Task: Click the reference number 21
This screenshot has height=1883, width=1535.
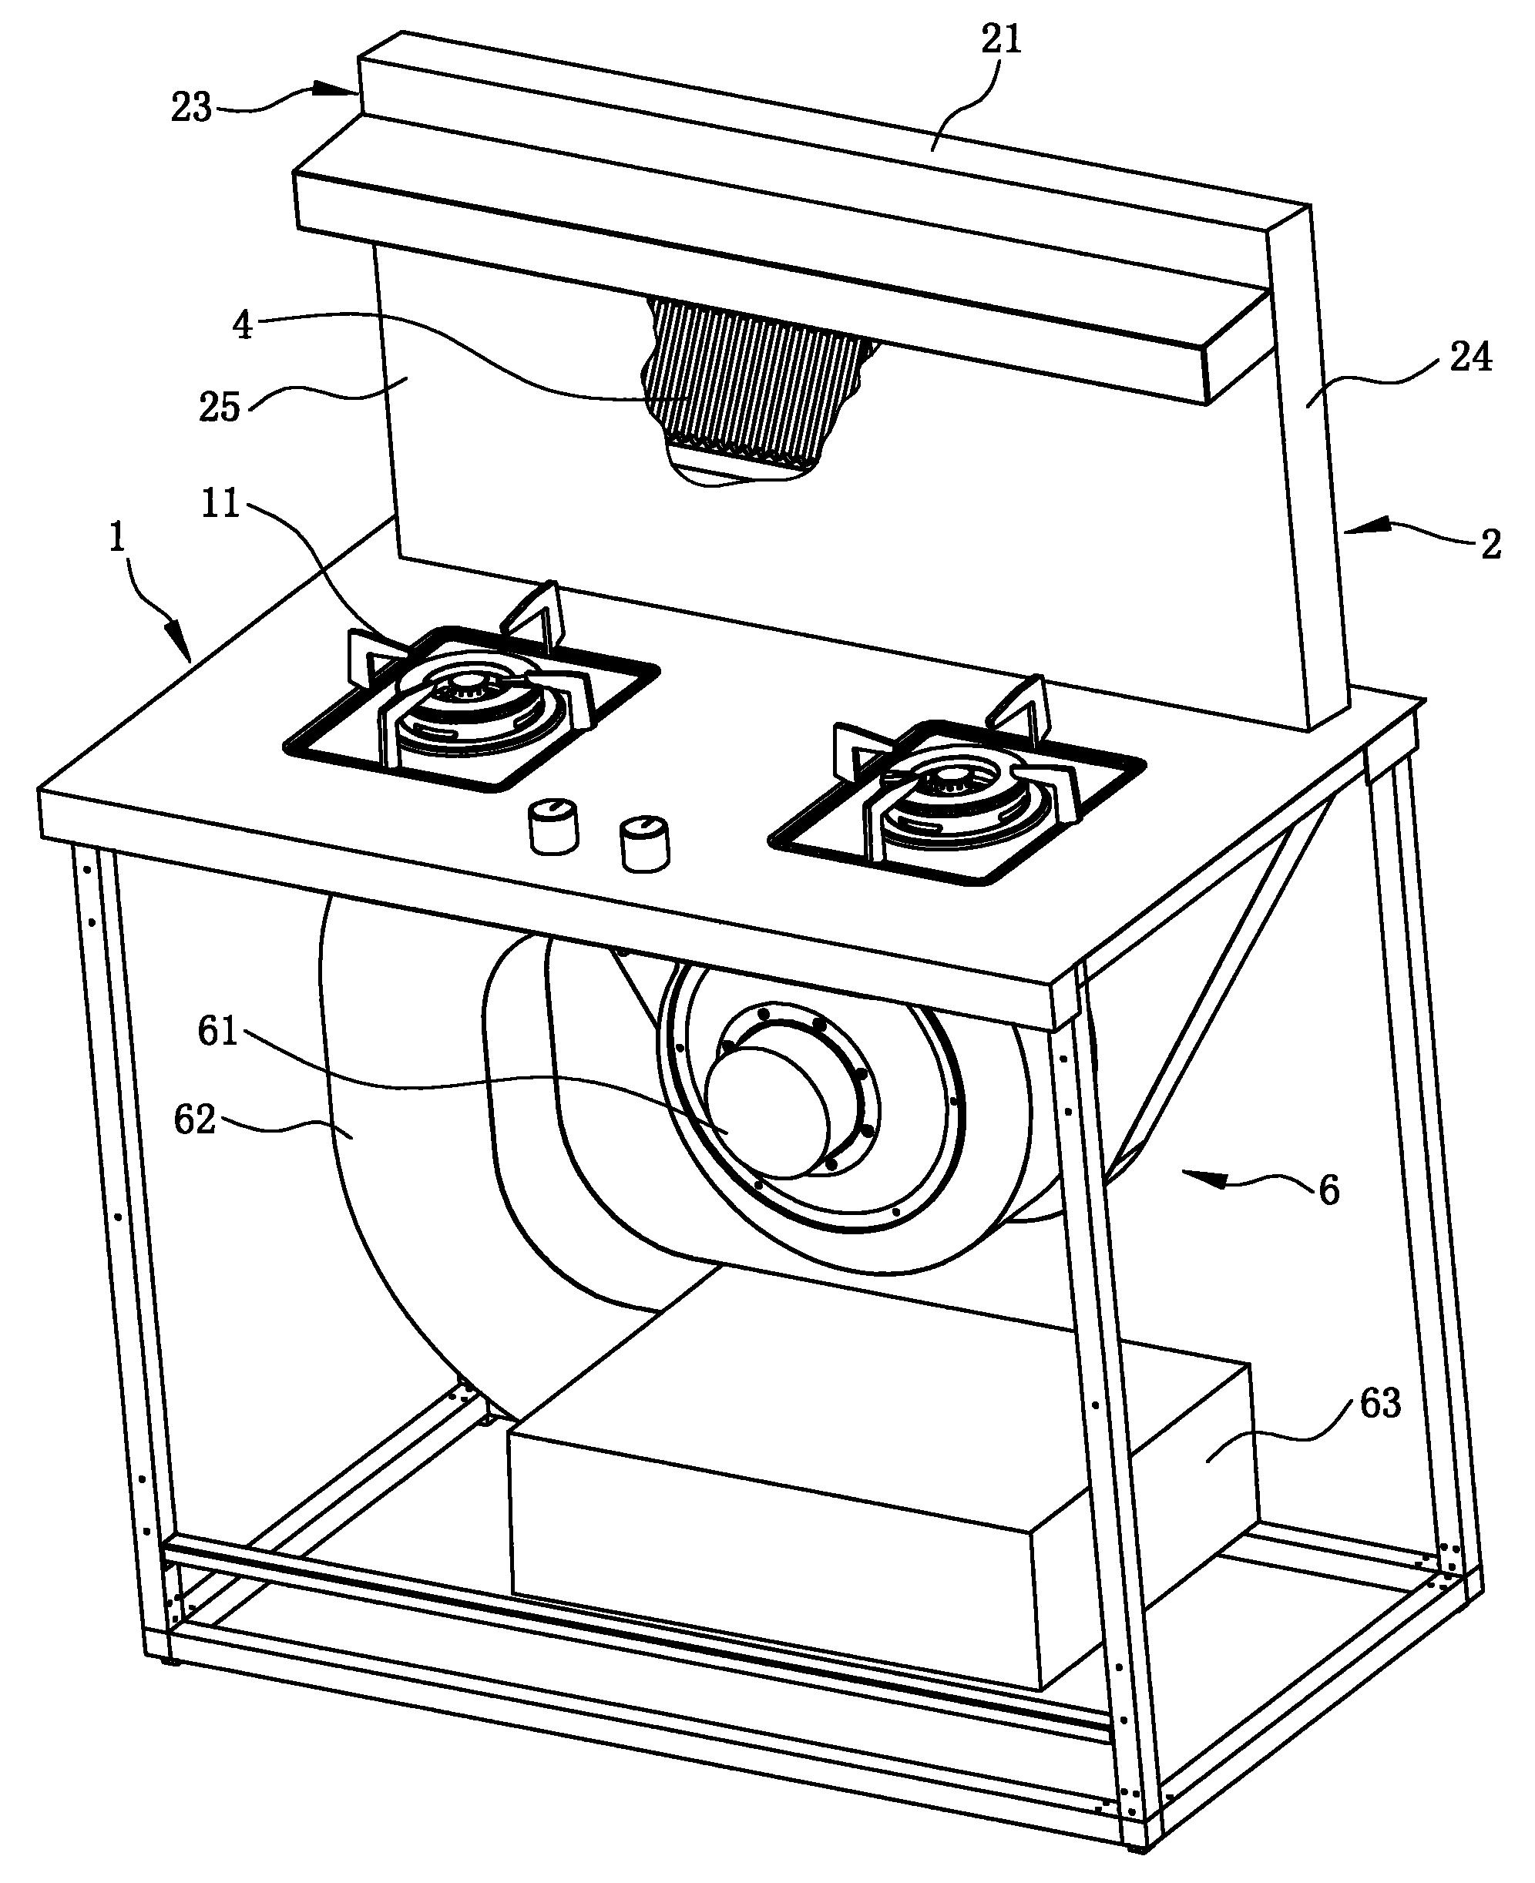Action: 1002,40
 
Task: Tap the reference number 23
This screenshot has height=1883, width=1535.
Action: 191,108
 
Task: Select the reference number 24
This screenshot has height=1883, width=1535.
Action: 1470,358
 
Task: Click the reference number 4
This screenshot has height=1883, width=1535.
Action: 241,325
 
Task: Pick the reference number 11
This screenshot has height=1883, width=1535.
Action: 220,504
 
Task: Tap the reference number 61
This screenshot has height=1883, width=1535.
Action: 217,1031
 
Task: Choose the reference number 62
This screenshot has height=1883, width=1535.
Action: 194,1121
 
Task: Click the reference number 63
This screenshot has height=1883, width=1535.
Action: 1380,1403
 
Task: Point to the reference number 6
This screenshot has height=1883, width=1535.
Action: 1329,1190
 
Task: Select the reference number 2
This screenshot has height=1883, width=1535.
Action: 1491,545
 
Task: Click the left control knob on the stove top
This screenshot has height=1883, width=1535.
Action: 553,825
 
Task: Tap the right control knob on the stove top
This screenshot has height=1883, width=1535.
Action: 645,844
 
